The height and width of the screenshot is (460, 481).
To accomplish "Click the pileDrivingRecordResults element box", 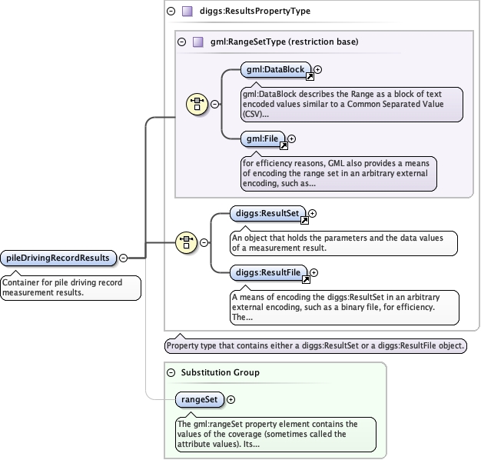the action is click(x=58, y=258).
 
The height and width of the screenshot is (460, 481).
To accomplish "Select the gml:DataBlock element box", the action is click(x=276, y=70).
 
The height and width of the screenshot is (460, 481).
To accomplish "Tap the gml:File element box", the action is click(x=263, y=138).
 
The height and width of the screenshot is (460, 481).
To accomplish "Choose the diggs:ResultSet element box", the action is click(x=267, y=213).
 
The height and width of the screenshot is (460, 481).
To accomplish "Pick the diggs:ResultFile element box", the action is click(x=268, y=272).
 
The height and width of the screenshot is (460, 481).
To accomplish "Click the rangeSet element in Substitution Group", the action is click(x=200, y=399).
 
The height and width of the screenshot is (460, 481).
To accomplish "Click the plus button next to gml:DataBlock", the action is click(x=318, y=70).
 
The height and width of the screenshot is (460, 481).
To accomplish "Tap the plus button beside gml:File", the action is click(x=292, y=138).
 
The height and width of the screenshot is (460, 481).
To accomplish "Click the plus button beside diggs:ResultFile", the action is click(x=313, y=272).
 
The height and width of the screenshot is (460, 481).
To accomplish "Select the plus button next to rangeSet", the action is click(x=231, y=399).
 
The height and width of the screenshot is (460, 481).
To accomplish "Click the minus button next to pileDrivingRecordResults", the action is click(x=123, y=258).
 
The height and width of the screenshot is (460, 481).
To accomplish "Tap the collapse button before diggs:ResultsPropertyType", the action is click(x=171, y=12).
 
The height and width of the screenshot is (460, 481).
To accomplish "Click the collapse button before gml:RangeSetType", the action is click(x=181, y=42).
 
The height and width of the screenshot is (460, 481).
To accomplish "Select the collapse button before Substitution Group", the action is click(x=171, y=373).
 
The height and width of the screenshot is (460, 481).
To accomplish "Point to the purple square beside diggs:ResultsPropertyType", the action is click(x=187, y=12).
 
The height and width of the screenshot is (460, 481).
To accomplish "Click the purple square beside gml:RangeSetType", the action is click(x=198, y=42).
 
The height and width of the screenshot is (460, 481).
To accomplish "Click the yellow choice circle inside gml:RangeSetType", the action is click(x=197, y=104).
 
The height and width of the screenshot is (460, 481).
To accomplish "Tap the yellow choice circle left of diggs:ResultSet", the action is click(x=186, y=242).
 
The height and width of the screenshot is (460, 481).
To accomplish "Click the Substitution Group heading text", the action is click(x=221, y=372).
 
